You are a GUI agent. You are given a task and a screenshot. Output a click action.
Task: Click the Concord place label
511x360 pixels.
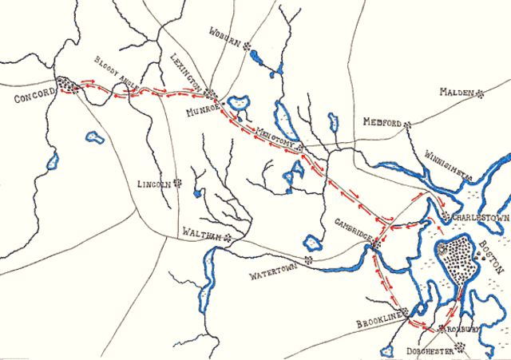(34, 96)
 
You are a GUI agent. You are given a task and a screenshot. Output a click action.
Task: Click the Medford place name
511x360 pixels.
(381, 124)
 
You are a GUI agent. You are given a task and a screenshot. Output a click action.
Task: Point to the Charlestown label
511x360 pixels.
(481, 217)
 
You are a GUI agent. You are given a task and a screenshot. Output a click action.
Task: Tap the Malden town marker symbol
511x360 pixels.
(480, 93)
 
